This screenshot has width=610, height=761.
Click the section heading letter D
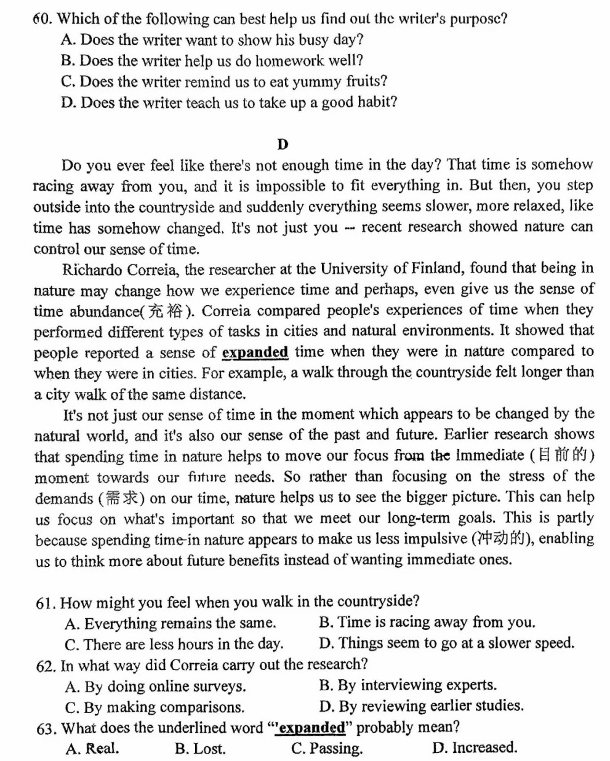283,145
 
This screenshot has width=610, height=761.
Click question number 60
42,18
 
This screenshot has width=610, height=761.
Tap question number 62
46,666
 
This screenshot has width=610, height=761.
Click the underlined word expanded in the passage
255,353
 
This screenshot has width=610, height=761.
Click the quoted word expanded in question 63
311,728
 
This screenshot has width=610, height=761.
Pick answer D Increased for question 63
475,748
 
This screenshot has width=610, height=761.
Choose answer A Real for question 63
92,749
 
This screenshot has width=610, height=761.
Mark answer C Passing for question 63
327,749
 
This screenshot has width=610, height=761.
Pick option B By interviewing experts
407,685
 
